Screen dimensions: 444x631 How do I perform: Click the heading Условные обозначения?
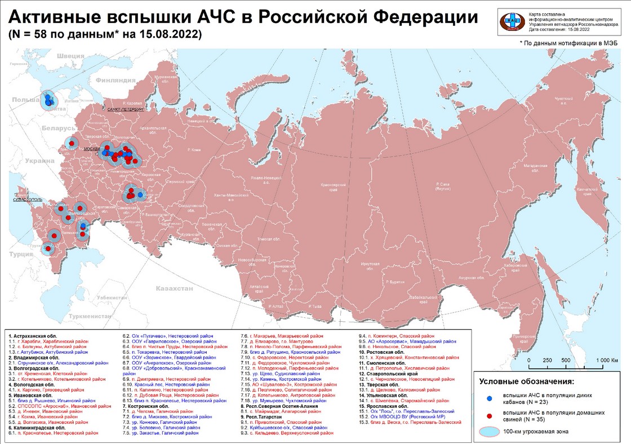526,382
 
